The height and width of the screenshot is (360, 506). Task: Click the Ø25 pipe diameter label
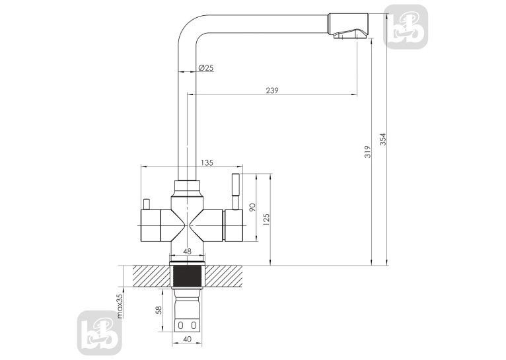[206, 68]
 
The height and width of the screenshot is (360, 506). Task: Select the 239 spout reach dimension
[272, 90]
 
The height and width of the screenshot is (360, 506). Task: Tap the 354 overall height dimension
[382, 139]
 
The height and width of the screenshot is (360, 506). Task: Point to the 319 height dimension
[367, 152]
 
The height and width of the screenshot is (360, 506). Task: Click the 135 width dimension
[207, 163]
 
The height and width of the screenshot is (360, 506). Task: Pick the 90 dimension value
[252, 207]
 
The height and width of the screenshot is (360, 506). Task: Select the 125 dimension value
[266, 219]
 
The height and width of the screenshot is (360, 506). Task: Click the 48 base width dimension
[187, 251]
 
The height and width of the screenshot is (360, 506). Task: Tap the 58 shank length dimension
[158, 310]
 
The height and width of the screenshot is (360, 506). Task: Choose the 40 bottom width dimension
[187, 339]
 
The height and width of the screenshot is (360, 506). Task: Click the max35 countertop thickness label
[120, 306]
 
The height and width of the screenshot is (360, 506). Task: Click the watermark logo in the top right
[406, 27]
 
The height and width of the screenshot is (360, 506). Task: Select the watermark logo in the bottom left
[100, 333]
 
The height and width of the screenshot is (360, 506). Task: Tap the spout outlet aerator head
[349, 26]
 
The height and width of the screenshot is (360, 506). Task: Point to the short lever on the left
[147, 205]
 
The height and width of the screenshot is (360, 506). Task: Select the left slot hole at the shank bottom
[181, 326]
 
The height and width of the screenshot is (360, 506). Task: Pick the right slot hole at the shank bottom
[194, 326]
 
